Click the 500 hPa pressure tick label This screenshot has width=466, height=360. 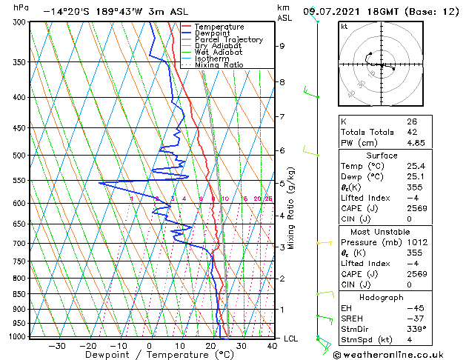click(20, 156)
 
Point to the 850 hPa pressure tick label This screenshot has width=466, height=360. click(20, 294)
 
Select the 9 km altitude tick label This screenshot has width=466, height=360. click(282, 46)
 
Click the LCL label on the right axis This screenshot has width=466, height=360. click(291, 339)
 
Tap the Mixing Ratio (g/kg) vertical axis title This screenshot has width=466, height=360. click(292, 208)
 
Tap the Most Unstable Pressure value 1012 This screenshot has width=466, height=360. click(416, 241)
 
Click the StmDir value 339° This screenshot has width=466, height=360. click(416, 328)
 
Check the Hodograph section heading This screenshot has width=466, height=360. click(382, 297)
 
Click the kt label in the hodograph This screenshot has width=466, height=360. click(344, 27)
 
